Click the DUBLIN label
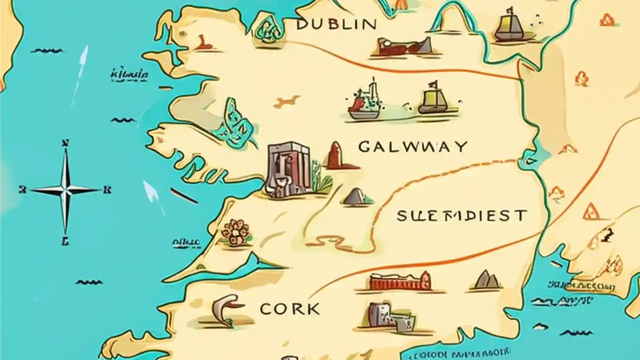(336, 24)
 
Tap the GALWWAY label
(413, 146)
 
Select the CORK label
(289, 309)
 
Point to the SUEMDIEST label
(461, 216)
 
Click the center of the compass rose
(65, 190)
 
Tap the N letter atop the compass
(64, 143)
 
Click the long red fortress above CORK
(400, 282)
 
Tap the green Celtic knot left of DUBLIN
(268, 27)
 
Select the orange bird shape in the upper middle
(287, 101)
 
